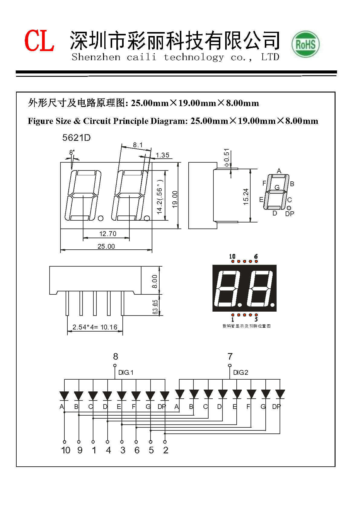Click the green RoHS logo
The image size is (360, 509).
coord(305,44)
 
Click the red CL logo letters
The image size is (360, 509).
coord(39,41)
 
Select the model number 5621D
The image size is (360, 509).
coord(76,138)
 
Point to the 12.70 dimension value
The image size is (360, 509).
coord(108,234)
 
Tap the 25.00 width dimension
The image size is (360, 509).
coord(106,246)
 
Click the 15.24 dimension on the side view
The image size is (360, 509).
coord(246,197)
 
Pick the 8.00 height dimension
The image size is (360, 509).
coord(155,281)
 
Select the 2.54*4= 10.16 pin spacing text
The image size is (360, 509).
coord(95,327)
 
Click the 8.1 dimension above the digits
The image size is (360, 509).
coord(138,145)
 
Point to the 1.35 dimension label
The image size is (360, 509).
coord(162,155)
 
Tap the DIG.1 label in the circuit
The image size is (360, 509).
coord(126,372)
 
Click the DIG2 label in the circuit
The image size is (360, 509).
coord(241,372)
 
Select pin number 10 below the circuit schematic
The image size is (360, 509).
coord(66,450)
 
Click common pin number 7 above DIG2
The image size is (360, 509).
coord(230,357)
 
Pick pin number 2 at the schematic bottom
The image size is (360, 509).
coord(166,450)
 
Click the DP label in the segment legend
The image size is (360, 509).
coord(290,214)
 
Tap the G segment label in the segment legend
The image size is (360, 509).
coord(277,187)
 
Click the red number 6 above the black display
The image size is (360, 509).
coord(256,257)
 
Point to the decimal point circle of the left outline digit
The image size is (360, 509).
coord(101,218)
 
